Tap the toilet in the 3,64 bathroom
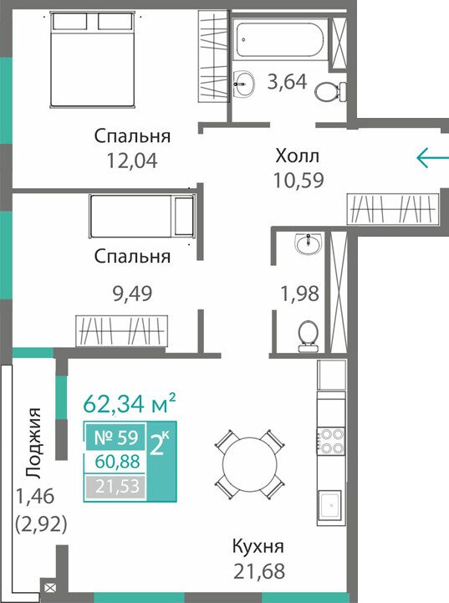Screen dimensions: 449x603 coord(330,91)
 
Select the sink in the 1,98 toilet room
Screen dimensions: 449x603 coord(307,243)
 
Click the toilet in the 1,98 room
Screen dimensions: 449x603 coord(309,336)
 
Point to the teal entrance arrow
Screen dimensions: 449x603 coord(432,157)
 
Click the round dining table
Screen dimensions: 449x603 coord(250,464)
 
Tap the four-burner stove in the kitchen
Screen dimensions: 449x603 coord(331,441)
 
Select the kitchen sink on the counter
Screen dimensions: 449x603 coord(329,508)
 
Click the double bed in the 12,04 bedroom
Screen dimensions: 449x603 coord(93,59)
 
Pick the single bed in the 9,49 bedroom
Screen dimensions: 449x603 coord(142,216)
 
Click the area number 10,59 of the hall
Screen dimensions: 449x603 coord(298,180)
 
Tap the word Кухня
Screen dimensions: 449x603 coord(258,546)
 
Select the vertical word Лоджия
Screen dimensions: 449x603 coord(34,443)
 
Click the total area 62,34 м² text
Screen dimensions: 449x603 coord(130,403)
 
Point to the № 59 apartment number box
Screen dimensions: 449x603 coord(115,437)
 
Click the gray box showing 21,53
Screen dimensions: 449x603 coord(115,487)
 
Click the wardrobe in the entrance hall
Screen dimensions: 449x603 coord(393,209)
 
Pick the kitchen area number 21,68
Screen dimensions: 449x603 coord(259,571)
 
